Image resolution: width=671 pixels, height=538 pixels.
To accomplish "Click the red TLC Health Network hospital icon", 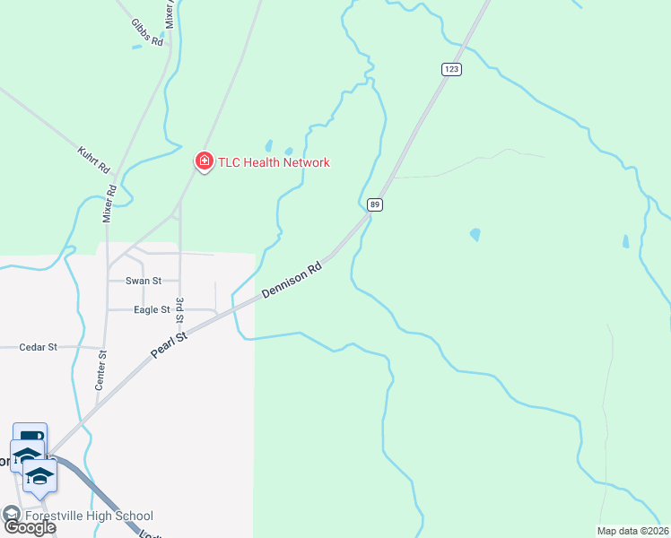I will [205, 161].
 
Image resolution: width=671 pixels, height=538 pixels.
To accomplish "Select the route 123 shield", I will [450, 69].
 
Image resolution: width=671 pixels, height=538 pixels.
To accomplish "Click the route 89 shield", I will [376, 204].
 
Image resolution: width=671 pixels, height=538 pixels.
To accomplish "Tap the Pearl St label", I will [169, 344].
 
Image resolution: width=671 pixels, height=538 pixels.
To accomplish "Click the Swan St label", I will [143, 281].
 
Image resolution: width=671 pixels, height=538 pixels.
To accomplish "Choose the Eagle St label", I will [152, 309].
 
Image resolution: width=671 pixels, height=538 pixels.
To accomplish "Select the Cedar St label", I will [39, 346].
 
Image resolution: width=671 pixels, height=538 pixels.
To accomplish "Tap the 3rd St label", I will [180, 310].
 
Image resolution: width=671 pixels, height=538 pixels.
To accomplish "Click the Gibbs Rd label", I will [147, 32].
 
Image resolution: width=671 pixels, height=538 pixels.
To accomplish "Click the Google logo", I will [30, 527].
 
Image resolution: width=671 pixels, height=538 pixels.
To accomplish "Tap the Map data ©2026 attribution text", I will [632, 531].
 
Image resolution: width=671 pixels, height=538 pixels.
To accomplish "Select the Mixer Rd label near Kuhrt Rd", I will [109, 203].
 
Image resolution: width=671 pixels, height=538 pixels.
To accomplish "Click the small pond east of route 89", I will [475, 235].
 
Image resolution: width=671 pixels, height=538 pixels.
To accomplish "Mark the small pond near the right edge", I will [625, 241].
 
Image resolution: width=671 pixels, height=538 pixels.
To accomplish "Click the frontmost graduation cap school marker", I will [39, 474].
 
